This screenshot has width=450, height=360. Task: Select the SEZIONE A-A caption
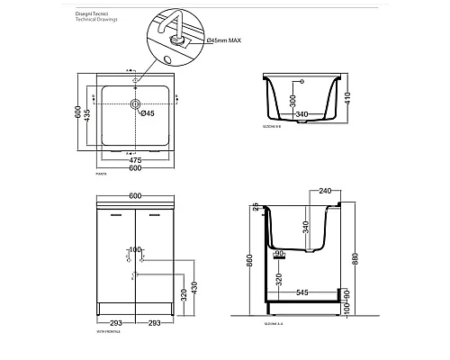coord(274,321)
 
